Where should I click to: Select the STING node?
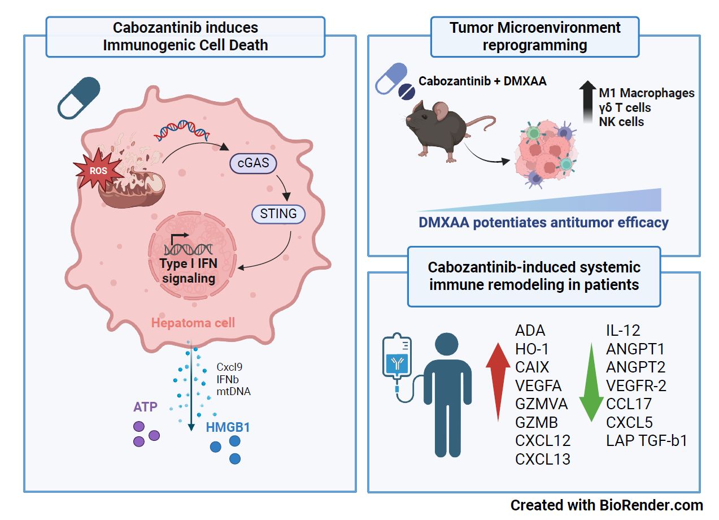(x=278, y=214)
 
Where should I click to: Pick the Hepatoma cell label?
(x=193, y=323)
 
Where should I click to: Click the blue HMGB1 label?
(x=228, y=428)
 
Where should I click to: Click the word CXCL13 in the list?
(x=543, y=459)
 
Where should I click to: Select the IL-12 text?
(x=623, y=331)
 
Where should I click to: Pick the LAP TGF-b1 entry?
(x=646, y=441)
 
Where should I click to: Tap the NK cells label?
(x=621, y=122)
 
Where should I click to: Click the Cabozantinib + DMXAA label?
(x=482, y=81)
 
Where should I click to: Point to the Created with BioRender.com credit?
(x=607, y=505)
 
